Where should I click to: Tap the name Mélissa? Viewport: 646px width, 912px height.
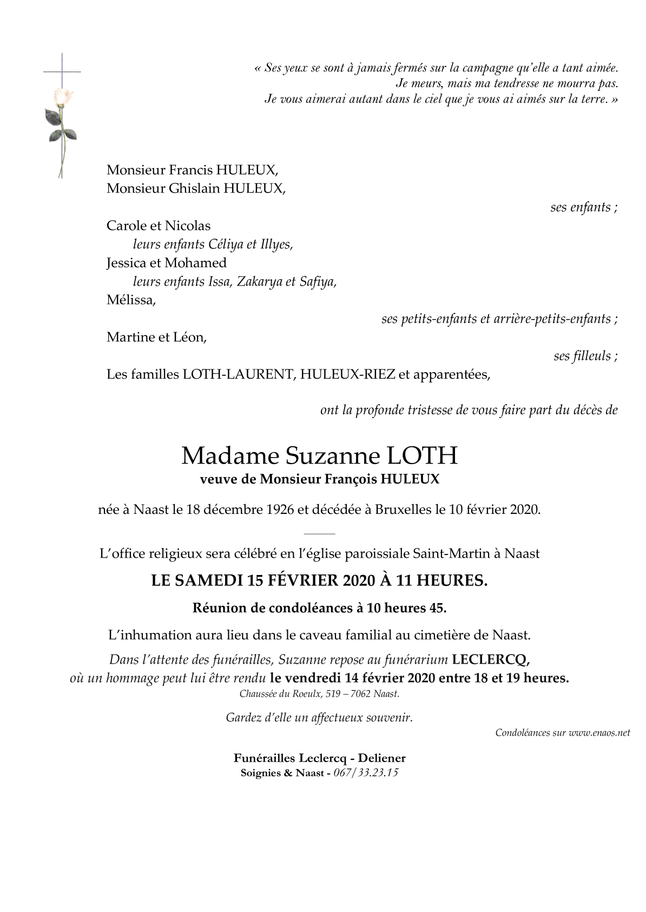click(130, 300)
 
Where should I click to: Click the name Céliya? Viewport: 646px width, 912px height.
click(225, 244)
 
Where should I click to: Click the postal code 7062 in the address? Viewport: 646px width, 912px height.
click(368, 694)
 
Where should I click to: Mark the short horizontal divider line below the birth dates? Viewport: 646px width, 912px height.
click(324, 533)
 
